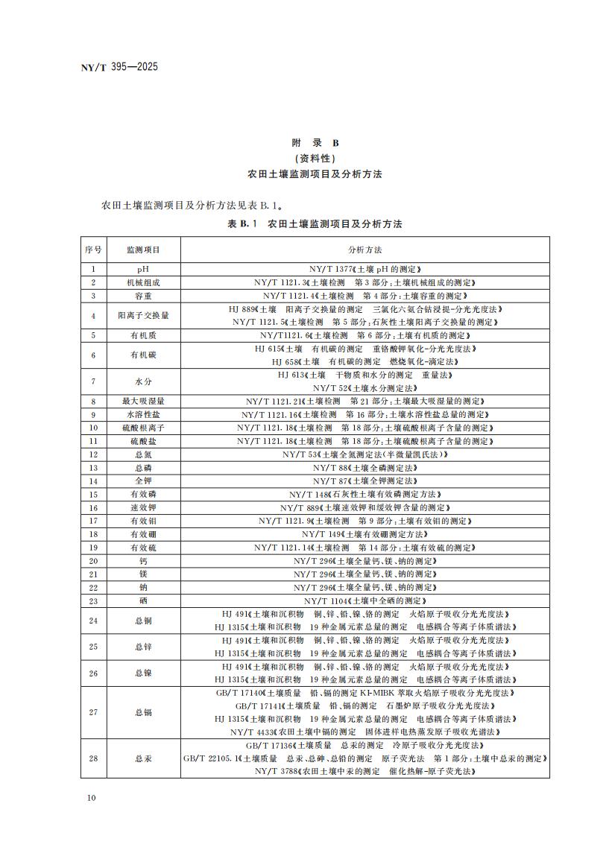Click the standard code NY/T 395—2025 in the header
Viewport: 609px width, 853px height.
[x=119, y=67]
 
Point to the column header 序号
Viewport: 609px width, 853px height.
[x=93, y=250]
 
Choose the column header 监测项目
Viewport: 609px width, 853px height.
[x=143, y=250]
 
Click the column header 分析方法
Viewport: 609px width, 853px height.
[x=365, y=250]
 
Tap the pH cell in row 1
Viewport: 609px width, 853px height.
[x=143, y=269]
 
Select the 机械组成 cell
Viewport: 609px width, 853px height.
[x=143, y=283]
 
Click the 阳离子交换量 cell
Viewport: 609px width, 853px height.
[x=143, y=315]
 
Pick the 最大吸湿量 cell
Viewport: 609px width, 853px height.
[x=143, y=401]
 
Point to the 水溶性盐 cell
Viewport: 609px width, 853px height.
[x=143, y=414]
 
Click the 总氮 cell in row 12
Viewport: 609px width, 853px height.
[x=143, y=454]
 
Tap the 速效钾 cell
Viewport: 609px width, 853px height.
[x=143, y=507]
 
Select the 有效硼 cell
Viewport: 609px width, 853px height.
[x=143, y=534]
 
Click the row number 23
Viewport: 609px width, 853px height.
[x=93, y=600]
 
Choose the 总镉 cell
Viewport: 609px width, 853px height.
[x=143, y=712]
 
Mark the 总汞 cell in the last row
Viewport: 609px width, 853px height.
[x=143, y=758]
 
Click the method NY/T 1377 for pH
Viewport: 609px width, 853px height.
[x=365, y=269]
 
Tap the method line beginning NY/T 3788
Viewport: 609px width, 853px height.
[x=365, y=772]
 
